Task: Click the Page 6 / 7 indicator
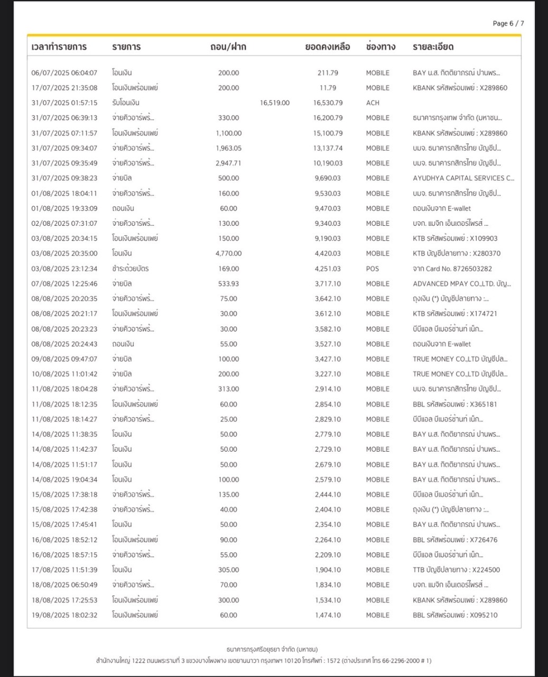point(508,23)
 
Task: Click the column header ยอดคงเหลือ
point(328,47)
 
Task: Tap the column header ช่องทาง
point(380,47)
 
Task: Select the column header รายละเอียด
point(433,47)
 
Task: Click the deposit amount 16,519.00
point(275,103)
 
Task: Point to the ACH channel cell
point(373,103)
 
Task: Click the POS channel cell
point(373,269)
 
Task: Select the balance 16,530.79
point(328,103)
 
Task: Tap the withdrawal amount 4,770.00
point(228,253)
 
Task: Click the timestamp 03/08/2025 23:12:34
point(64,269)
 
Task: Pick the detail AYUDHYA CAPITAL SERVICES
point(463,178)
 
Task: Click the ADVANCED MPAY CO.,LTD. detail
point(461,283)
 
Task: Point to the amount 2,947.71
point(228,163)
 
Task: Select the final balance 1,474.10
point(328,615)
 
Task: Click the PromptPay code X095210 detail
point(455,615)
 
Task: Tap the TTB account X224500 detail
point(456,570)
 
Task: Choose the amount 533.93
point(228,283)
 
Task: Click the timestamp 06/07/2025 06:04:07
point(64,72)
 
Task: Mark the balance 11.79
point(328,88)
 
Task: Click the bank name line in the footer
point(272,649)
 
